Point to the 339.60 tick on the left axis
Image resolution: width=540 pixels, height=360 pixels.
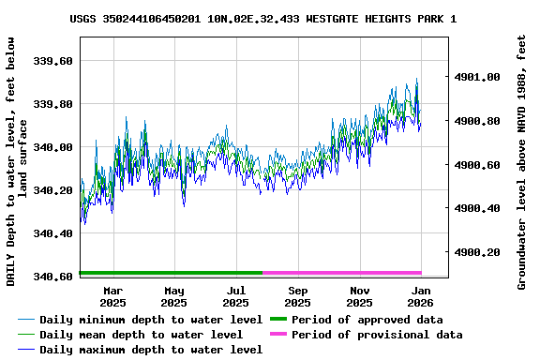[x=52, y=61]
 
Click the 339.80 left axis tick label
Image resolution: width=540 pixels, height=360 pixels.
[x=52, y=104]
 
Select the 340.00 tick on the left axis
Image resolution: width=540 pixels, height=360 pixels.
[x=52, y=147]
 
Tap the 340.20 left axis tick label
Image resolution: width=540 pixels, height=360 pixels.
[x=52, y=190]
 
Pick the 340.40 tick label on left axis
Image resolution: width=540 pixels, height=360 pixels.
[x=52, y=233]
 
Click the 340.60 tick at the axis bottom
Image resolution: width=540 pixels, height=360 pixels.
[x=52, y=277]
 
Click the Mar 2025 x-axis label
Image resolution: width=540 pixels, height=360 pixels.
[x=112, y=296]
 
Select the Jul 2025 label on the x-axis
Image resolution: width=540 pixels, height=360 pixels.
[x=236, y=296]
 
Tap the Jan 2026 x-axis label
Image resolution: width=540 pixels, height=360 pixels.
[x=421, y=296]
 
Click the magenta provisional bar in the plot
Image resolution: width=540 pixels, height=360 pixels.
[x=342, y=273]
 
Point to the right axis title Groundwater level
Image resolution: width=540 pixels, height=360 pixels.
[x=522, y=162]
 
